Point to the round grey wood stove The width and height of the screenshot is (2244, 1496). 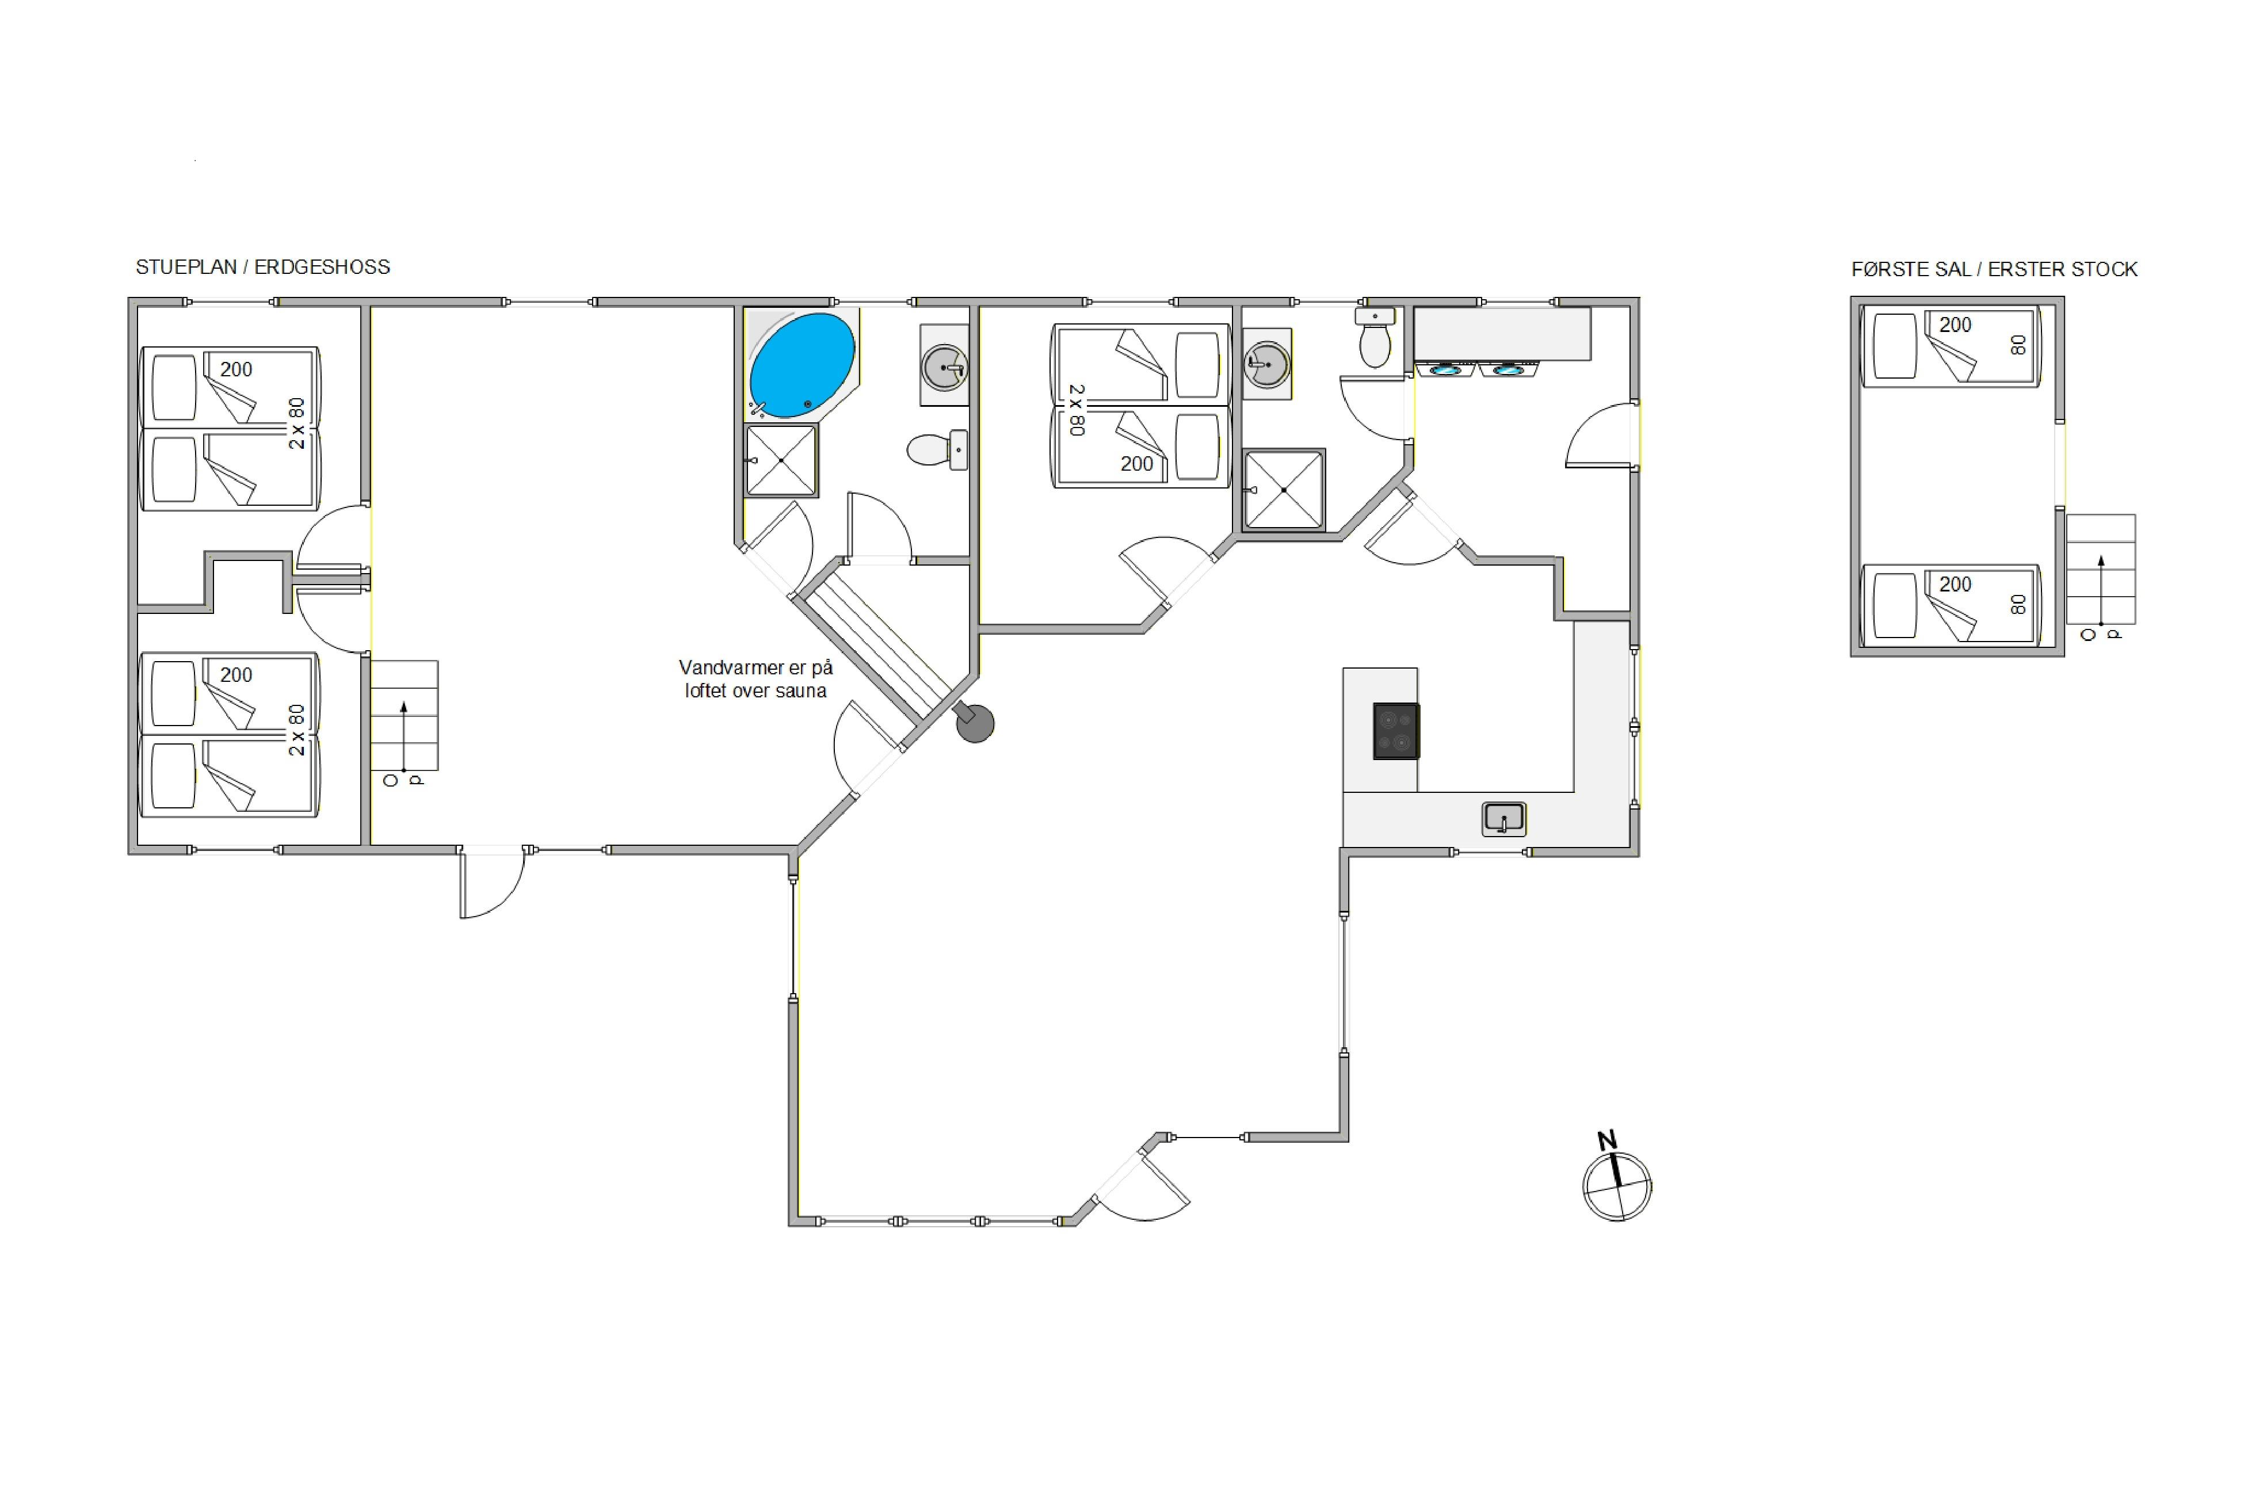tap(975, 723)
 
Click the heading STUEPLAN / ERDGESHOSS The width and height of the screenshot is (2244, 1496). tap(262, 267)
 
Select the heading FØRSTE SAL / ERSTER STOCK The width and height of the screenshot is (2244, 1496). tap(1994, 269)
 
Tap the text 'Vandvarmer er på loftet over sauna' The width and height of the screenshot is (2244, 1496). tap(755, 680)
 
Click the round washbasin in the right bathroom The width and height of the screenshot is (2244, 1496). tap(1266, 364)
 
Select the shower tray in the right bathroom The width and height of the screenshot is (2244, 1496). tap(1284, 490)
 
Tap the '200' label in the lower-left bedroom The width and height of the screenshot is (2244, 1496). tap(236, 674)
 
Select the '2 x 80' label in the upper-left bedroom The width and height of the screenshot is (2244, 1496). tap(297, 423)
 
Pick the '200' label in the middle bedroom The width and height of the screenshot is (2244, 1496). tap(1136, 464)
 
